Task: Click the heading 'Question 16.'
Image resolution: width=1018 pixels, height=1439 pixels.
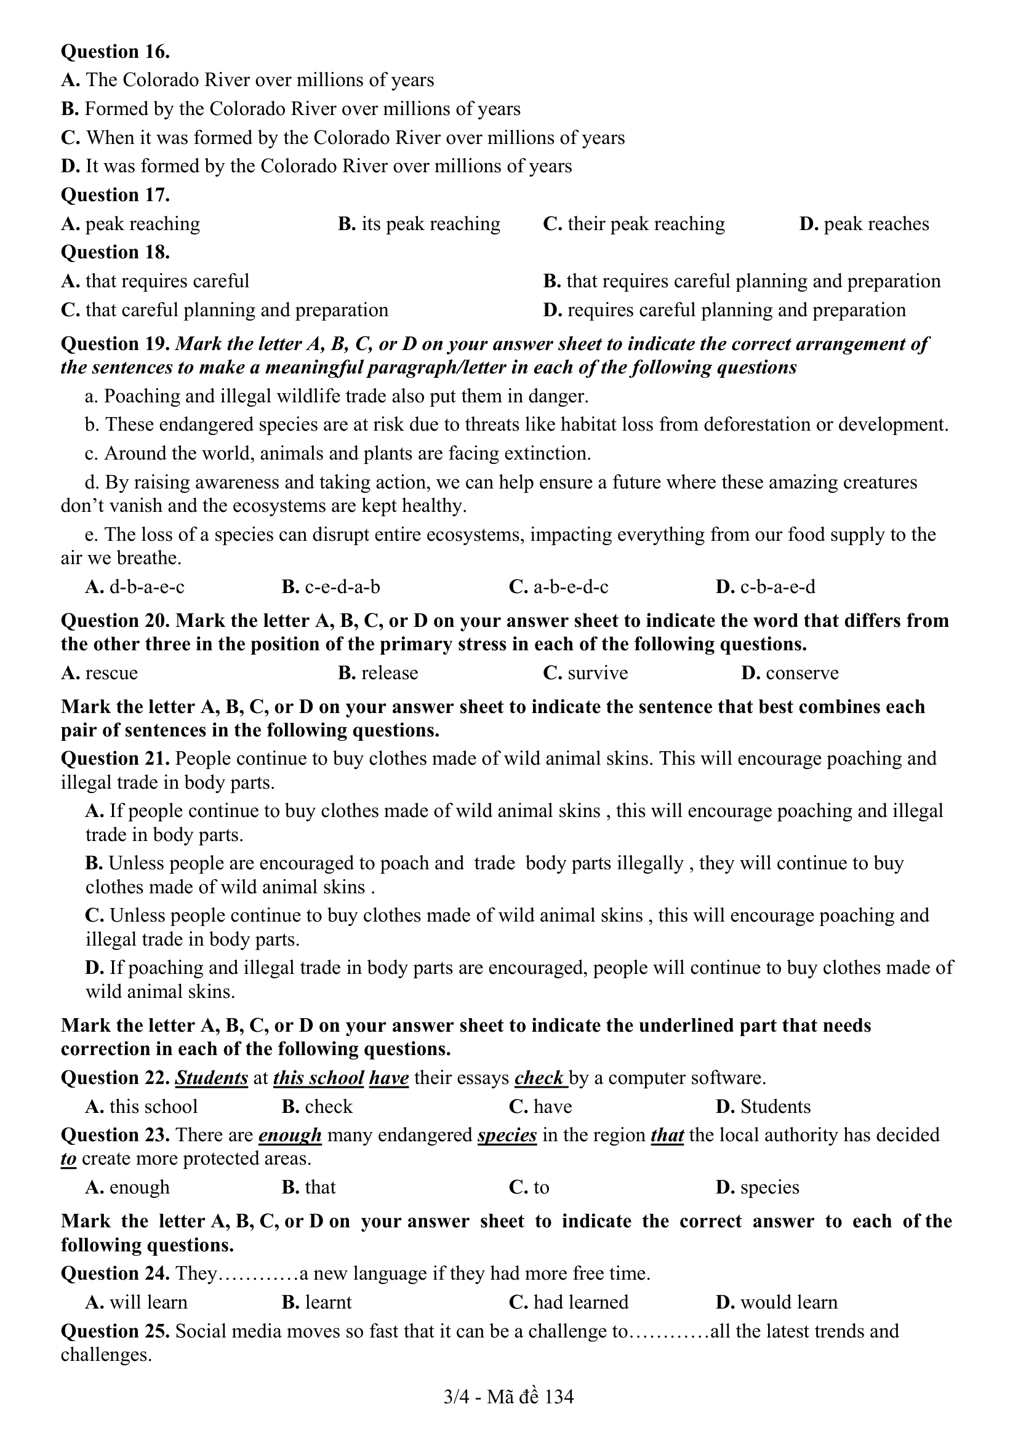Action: [115, 52]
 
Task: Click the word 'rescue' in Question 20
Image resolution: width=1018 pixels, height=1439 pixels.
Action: [111, 672]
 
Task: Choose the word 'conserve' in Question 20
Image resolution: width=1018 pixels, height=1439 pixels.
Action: [802, 672]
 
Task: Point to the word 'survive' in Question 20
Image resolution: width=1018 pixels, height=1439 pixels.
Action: [598, 672]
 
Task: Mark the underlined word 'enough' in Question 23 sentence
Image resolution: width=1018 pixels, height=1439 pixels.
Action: [290, 1135]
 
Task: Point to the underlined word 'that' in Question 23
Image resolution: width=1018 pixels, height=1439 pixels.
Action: [667, 1135]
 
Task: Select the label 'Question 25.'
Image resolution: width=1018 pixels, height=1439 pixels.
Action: [115, 1331]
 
